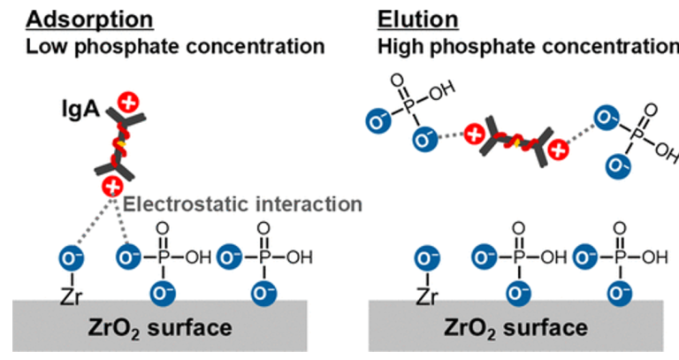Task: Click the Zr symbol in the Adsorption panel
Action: coord(71,295)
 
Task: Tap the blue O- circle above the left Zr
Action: coord(71,258)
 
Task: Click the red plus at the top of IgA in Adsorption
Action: coord(129,103)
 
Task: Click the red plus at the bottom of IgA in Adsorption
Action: coord(112,186)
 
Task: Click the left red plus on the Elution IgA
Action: coord(474,135)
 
